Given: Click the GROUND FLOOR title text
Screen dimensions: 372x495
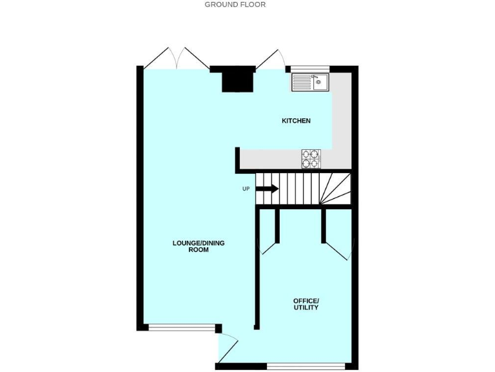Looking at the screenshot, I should point(235,5).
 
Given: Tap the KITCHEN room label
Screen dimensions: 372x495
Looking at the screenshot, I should point(296,121).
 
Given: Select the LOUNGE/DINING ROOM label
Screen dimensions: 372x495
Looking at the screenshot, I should point(199,246).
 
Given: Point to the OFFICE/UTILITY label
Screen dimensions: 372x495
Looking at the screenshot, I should point(306,304).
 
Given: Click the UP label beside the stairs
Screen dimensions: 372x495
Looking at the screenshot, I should point(246,189).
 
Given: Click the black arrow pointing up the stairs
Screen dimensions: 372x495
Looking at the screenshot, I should point(267,189).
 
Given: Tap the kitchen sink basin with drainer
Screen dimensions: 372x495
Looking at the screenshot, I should point(310,82).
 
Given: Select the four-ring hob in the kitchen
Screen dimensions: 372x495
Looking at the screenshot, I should point(311,158).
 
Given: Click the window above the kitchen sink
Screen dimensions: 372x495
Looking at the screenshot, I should point(310,68).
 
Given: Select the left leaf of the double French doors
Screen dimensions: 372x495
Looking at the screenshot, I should point(159,57).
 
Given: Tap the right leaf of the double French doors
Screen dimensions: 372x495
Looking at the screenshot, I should point(194,57).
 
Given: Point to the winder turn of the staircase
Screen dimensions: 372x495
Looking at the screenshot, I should point(336,188).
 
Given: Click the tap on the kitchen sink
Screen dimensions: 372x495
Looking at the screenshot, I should point(315,77).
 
